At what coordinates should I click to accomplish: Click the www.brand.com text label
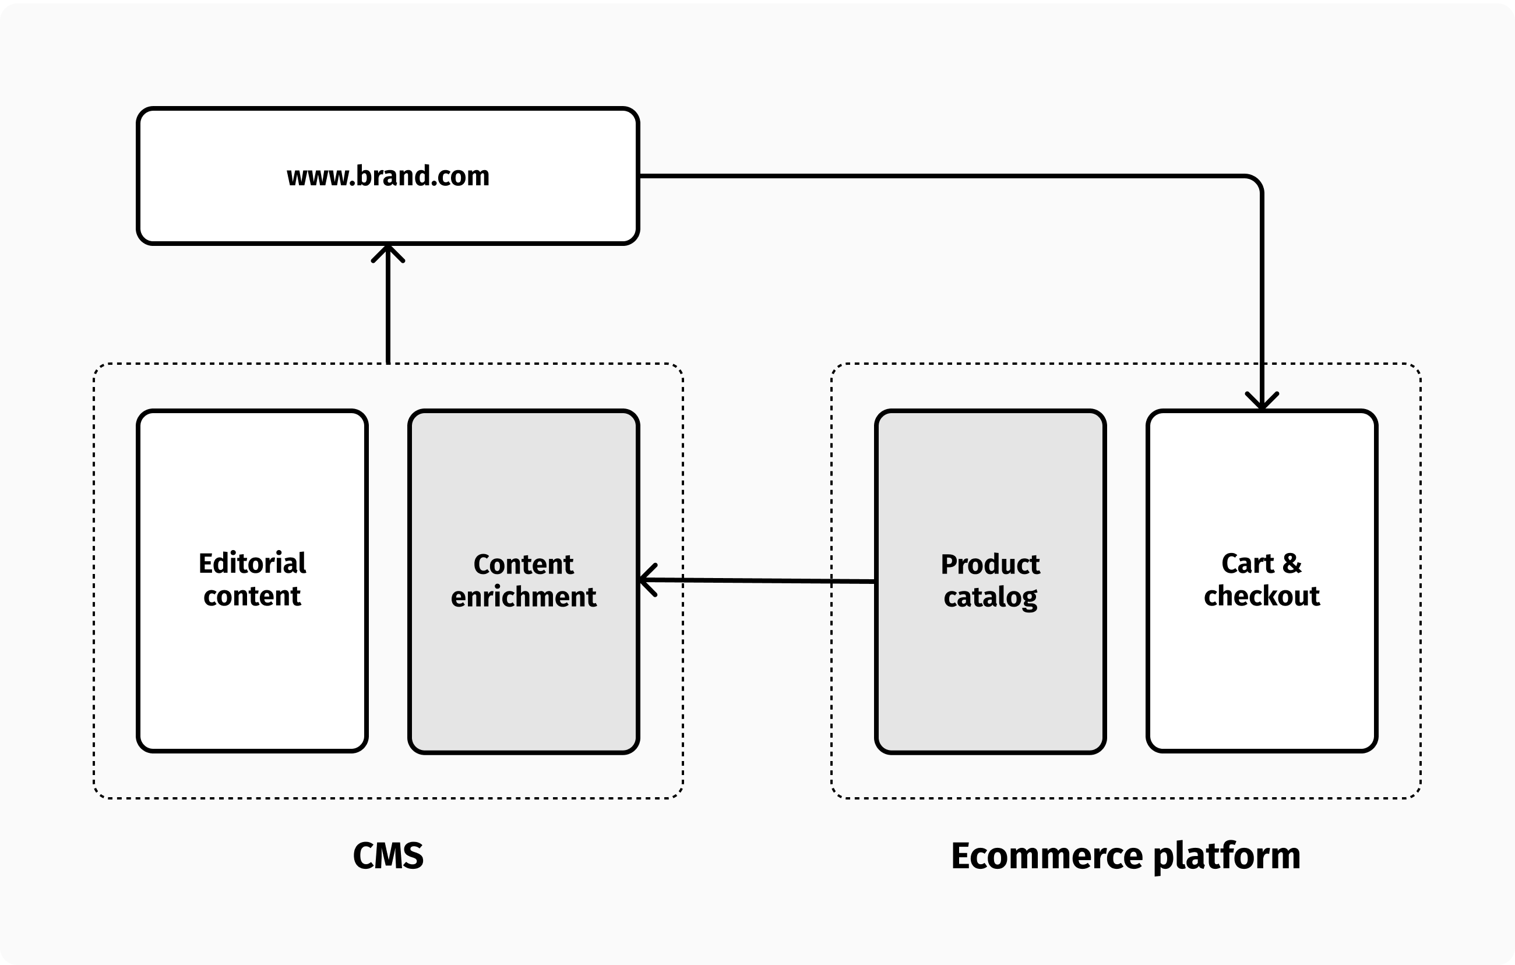pos(387,176)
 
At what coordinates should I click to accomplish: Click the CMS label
pos(387,855)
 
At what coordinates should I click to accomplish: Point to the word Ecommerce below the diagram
pos(1046,856)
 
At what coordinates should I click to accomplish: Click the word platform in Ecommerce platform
pos(1227,856)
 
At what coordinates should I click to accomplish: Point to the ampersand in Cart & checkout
pos(1292,563)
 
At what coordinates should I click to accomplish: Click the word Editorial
pos(252,563)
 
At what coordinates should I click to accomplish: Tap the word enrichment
pos(523,596)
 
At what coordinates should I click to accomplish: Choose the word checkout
pos(1262,596)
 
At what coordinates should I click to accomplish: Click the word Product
pos(989,564)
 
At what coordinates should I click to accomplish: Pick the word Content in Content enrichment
pos(523,564)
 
